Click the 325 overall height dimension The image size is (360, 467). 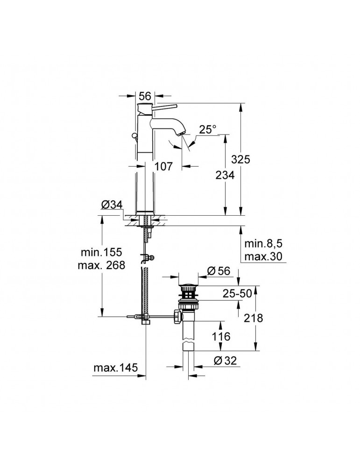(241, 160)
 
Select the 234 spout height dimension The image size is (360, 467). (225, 175)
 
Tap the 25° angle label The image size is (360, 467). (208, 129)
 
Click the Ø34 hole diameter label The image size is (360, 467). (112, 205)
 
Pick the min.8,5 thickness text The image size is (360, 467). (263, 244)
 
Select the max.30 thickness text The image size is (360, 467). (263, 256)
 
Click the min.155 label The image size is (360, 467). (101, 252)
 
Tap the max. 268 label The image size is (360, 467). (101, 265)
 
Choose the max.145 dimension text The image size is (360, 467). (116, 368)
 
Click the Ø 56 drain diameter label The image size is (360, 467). (219, 271)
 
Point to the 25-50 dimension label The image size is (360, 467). (237, 294)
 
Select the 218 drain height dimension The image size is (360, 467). (254, 318)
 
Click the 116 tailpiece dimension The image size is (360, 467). (221, 337)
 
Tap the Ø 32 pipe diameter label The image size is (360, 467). (225, 361)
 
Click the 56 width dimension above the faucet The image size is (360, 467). (145, 96)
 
